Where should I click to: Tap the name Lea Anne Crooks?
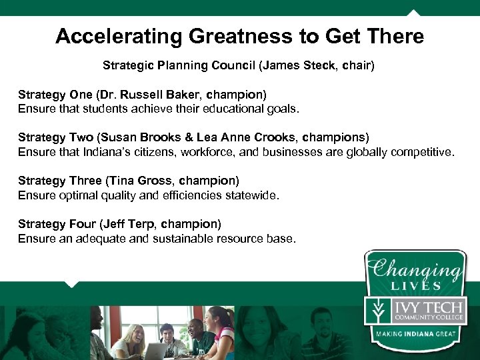click(246, 137)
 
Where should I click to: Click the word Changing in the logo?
click(416, 269)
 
